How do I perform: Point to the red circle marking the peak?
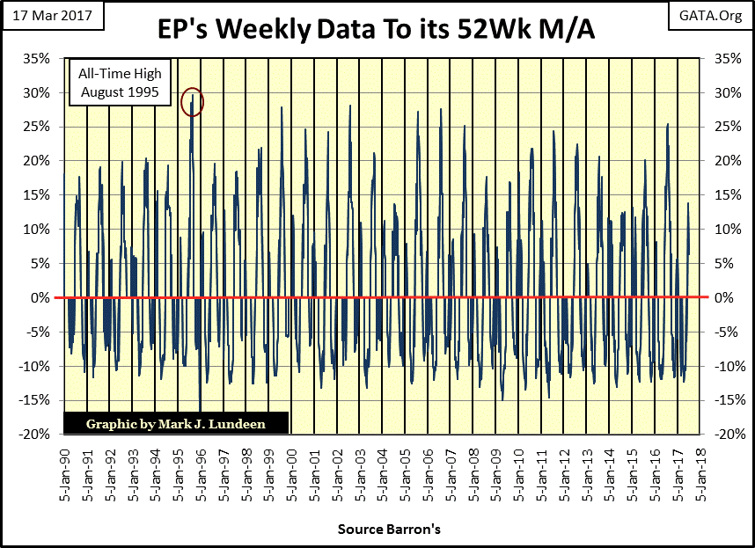(x=192, y=103)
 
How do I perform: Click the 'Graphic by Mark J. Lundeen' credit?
(x=176, y=424)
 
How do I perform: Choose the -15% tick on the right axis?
(x=722, y=400)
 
